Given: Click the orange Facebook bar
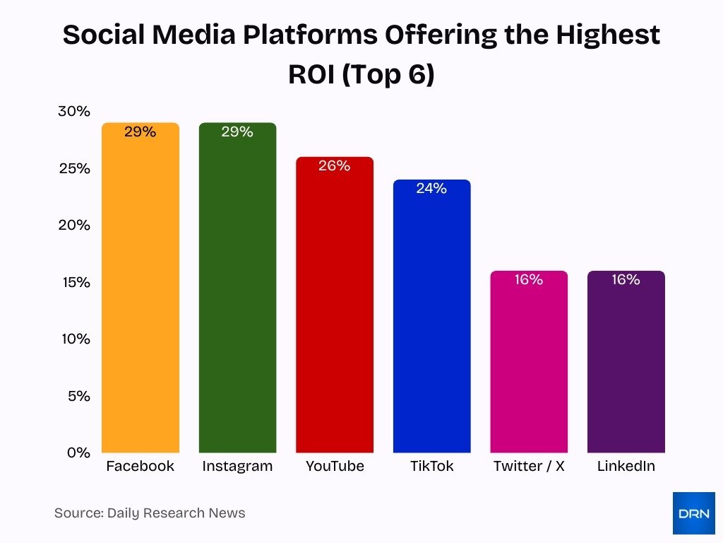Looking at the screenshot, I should click(141, 297).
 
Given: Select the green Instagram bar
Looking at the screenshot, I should click(237, 297).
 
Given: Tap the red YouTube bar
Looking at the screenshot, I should click(335, 311).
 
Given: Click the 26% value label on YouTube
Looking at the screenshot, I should click(335, 165).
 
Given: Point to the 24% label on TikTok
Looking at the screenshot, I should click(431, 188).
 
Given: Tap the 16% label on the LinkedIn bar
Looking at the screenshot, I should click(626, 279).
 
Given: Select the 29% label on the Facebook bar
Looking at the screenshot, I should click(141, 132).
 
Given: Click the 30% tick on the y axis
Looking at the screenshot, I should click(73, 112).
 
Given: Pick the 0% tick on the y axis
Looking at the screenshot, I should click(78, 452).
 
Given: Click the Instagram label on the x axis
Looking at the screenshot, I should click(237, 467).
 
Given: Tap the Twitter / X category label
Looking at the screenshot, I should click(528, 467).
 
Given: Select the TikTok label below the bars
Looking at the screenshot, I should click(431, 467).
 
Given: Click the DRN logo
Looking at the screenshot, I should click(693, 513).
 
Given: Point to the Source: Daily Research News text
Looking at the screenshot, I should click(150, 513).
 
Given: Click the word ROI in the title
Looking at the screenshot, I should click(311, 74).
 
